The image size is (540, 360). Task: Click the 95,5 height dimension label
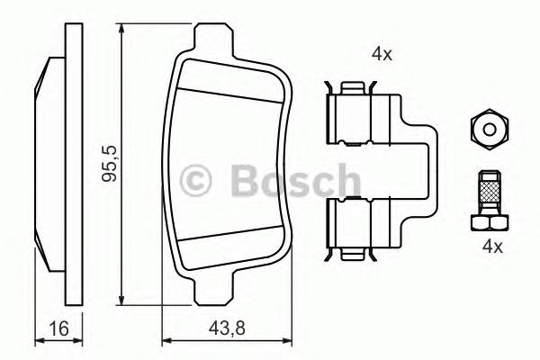click(111, 162)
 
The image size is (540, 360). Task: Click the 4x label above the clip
click(382, 53)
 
